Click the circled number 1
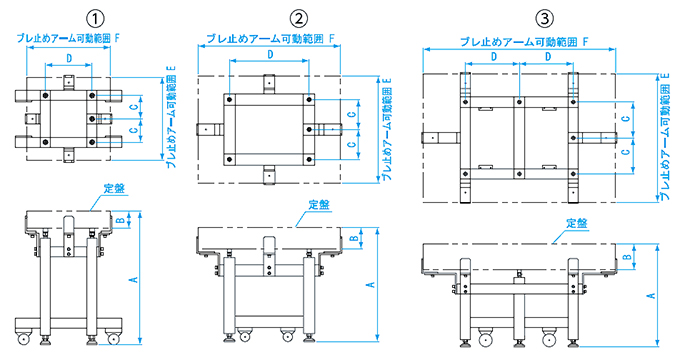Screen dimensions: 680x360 [95, 19]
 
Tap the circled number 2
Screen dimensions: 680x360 [298, 19]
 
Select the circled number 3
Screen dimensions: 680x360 [545, 19]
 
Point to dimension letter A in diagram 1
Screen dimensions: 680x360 [134, 278]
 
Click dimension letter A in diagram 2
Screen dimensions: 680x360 [371, 285]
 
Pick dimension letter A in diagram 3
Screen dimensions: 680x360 [651, 295]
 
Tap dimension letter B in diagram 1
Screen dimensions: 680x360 [122, 220]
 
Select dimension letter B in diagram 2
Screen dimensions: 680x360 [353, 238]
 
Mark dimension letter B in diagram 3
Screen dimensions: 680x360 [627, 256]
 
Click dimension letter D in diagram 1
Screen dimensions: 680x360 [69, 58]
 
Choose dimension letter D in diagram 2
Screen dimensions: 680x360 [270, 54]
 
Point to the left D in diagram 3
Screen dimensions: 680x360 [494, 56]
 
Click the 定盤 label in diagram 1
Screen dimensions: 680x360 [114, 188]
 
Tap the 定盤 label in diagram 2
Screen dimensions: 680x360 [319, 205]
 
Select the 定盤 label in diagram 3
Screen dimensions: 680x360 [577, 223]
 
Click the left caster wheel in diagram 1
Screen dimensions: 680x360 [23, 338]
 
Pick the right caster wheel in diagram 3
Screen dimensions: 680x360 [549, 337]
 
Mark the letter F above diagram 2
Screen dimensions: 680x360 [332, 38]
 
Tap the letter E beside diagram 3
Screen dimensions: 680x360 [666, 76]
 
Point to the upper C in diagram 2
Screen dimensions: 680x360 [352, 114]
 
